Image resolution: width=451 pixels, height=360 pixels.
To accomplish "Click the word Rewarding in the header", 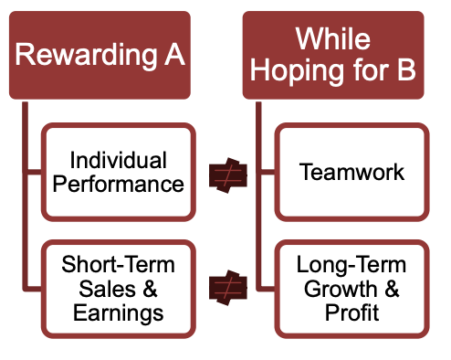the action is coord(87,56).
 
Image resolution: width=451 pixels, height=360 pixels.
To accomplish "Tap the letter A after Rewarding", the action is coord(174,54).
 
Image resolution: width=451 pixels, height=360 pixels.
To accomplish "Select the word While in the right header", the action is coord(333,38).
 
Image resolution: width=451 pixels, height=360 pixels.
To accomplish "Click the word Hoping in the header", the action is coord(299,71).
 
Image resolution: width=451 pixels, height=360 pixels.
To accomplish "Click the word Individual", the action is coord(119,160).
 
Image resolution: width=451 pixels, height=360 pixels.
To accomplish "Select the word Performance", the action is coord(119,185).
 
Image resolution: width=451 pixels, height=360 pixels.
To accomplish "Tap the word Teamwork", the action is coord(351,172).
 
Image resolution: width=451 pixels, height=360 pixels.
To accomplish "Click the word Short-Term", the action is coord(119,264).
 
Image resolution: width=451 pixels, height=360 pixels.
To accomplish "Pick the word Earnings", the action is coord(119,314).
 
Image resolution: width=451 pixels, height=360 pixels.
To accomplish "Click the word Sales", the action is coord(107,289).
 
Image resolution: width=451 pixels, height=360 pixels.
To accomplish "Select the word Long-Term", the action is coord(351,265).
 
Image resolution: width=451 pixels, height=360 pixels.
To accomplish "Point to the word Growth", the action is coord(341,289).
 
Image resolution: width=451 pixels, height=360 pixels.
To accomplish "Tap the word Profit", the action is coord(352,312).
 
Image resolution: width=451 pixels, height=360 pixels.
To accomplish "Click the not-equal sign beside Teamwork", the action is coord(228,175).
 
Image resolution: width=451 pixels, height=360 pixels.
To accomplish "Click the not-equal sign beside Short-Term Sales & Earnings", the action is coord(228,288).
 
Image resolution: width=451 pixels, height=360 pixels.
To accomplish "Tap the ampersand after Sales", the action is coord(150,289).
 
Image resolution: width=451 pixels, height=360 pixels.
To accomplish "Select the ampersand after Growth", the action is coord(392,289).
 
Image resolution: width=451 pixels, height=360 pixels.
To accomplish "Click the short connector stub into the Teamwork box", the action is coord(267,172).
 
